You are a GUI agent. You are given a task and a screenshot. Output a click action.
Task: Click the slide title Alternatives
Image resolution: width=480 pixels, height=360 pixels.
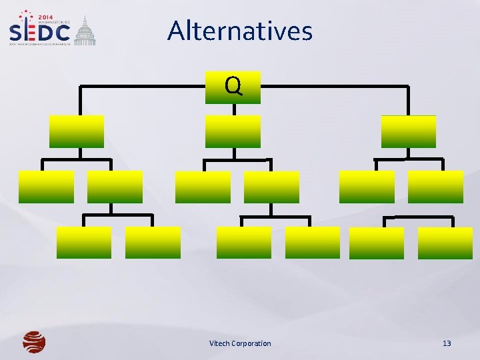tap(240, 31)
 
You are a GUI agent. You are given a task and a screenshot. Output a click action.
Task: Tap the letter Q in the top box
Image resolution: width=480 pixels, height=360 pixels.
tap(233, 86)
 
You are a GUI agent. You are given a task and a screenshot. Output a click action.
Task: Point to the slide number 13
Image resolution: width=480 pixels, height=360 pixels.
tap(447, 343)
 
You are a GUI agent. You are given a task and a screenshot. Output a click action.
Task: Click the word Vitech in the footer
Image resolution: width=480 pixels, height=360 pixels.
tap(220, 343)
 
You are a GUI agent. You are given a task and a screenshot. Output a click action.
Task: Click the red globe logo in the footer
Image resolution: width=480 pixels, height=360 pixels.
tap(34, 342)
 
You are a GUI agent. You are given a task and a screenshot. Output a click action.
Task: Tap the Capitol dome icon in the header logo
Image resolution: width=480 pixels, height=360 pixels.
tap(85, 32)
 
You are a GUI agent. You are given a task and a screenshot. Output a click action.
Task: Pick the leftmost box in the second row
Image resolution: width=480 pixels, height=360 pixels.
tap(77, 131)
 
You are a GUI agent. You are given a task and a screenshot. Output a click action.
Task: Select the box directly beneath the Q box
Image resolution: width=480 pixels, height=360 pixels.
tap(233, 131)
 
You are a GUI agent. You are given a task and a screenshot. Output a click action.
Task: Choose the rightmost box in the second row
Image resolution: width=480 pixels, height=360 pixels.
tap(408, 131)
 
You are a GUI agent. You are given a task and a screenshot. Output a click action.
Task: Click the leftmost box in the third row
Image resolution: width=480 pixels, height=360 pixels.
tap(46, 187)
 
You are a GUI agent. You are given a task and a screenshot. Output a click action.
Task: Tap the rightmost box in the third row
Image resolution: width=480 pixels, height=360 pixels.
tap(435, 187)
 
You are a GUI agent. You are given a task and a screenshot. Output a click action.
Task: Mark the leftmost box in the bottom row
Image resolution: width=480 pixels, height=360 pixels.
tap(84, 242)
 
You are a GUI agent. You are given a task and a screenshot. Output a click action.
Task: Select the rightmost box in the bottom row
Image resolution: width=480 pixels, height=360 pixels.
tap(445, 243)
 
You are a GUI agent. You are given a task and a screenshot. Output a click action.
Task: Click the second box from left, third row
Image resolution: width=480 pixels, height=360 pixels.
tap(115, 187)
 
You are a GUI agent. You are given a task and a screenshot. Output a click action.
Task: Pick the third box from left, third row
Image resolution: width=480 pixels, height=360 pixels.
tap(203, 187)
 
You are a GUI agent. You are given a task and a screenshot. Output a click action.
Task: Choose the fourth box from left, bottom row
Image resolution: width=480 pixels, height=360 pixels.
tap(313, 242)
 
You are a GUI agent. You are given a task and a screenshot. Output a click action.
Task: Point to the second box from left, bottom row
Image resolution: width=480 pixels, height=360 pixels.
tap(153, 242)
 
